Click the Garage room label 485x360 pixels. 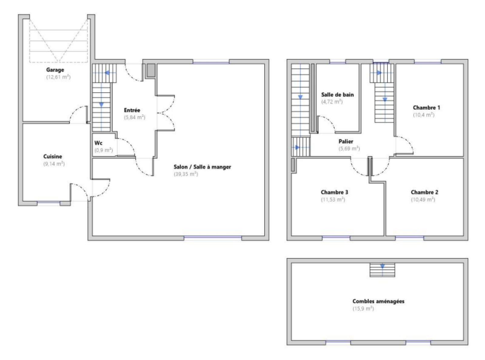[55, 70]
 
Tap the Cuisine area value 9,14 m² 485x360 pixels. [54, 164]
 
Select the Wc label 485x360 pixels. [98, 143]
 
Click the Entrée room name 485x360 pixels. [132, 110]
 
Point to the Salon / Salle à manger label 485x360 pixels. [202, 167]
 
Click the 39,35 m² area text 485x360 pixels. [186, 174]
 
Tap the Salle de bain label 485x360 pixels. [337, 95]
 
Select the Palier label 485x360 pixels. [346, 142]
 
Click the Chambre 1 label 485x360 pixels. [426, 108]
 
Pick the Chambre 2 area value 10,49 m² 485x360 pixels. [423, 200]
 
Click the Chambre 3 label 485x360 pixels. [335, 192]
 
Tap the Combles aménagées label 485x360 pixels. [379, 301]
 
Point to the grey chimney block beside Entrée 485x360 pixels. [151, 70]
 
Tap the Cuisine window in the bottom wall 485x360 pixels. [48, 203]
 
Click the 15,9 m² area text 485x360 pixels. [363, 308]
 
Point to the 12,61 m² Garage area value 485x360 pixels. [59, 77]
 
